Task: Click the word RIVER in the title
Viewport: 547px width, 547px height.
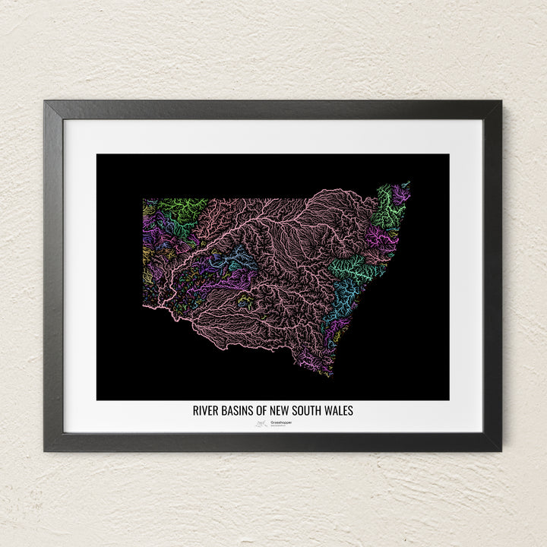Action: point(207,410)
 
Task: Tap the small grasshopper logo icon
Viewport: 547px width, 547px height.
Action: point(260,424)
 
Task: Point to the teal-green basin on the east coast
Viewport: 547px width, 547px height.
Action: point(351,265)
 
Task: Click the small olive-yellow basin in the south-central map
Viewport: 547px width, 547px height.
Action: point(245,301)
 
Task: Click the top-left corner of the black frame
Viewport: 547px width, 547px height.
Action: point(45,102)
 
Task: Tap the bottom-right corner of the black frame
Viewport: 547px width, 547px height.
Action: point(501,451)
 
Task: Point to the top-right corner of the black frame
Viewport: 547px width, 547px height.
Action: point(501,102)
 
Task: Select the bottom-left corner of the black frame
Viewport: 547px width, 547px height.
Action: point(45,451)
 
